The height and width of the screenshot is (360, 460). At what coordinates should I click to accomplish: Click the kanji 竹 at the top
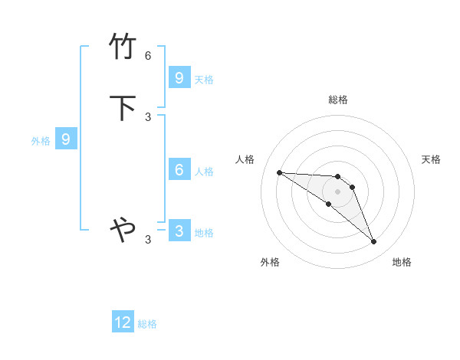pyautogui.click(x=123, y=46)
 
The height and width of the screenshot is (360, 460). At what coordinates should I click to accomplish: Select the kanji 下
pyautogui.click(x=123, y=107)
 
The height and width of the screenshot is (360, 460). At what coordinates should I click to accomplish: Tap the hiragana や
pyautogui.click(x=123, y=228)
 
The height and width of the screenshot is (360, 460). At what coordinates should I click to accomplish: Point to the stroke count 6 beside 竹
pyautogui.click(x=148, y=56)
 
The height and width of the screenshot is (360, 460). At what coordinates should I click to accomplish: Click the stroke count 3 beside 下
pyautogui.click(x=148, y=116)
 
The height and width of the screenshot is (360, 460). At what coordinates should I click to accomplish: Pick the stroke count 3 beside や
pyautogui.click(x=148, y=240)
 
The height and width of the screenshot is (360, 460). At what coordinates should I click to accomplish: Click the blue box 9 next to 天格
pyautogui.click(x=179, y=77)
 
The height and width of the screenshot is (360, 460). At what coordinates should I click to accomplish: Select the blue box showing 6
pyautogui.click(x=179, y=169)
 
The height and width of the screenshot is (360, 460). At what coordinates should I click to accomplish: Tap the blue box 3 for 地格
pyautogui.click(x=179, y=231)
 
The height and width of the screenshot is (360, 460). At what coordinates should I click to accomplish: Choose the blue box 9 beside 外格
pyautogui.click(x=66, y=139)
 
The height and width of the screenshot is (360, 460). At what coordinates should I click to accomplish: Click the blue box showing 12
pyautogui.click(x=123, y=322)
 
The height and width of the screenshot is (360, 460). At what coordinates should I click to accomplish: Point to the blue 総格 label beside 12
pyautogui.click(x=147, y=324)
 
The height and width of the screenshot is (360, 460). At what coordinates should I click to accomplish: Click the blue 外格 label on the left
pyautogui.click(x=41, y=141)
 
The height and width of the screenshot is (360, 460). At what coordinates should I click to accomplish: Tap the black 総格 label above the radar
pyautogui.click(x=337, y=100)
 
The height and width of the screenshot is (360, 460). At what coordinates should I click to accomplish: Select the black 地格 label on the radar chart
pyautogui.click(x=402, y=262)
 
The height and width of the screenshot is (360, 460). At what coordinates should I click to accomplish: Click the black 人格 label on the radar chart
pyautogui.click(x=245, y=159)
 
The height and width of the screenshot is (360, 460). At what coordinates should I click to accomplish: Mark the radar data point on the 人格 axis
pyautogui.click(x=279, y=172)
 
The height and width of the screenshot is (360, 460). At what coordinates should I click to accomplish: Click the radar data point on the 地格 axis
pyautogui.click(x=373, y=242)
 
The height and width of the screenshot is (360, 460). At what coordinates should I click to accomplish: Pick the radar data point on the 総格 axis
pyautogui.click(x=337, y=177)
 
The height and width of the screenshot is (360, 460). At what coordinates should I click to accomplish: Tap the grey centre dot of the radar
pyautogui.click(x=337, y=191)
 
